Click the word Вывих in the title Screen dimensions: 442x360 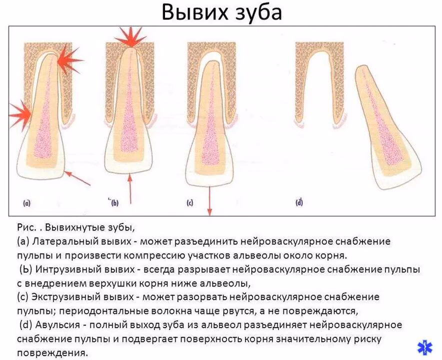coord(194,12)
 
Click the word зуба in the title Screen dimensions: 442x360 coord(257,13)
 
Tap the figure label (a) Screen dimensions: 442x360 coord(26,203)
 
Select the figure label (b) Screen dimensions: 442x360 coord(114,203)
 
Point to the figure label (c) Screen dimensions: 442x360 coord(190,203)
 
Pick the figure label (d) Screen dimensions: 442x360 coord(299,202)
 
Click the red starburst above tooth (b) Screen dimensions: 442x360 coord(130,37)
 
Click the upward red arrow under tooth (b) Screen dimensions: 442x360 coord(130,188)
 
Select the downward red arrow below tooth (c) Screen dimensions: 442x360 coord(209,200)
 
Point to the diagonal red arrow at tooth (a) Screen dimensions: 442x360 coord(77,178)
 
